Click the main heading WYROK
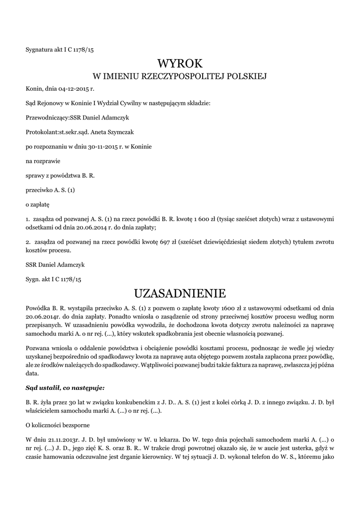[x=180, y=63]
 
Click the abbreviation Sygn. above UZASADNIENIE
[x=33, y=279]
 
